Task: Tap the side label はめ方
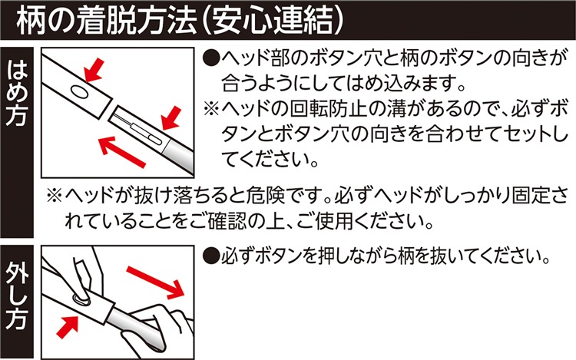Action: [x=17, y=94]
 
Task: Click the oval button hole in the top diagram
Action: [x=79, y=91]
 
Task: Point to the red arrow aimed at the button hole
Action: [x=94, y=71]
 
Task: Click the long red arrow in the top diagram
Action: [x=122, y=151]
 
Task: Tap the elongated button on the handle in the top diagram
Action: [x=146, y=134]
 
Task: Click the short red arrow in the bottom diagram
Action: [x=68, y=325]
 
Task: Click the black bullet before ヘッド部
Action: [x=211, y=58]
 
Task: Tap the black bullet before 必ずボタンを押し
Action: [x=211, y=255]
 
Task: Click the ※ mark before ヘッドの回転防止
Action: [x=212, y=109]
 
